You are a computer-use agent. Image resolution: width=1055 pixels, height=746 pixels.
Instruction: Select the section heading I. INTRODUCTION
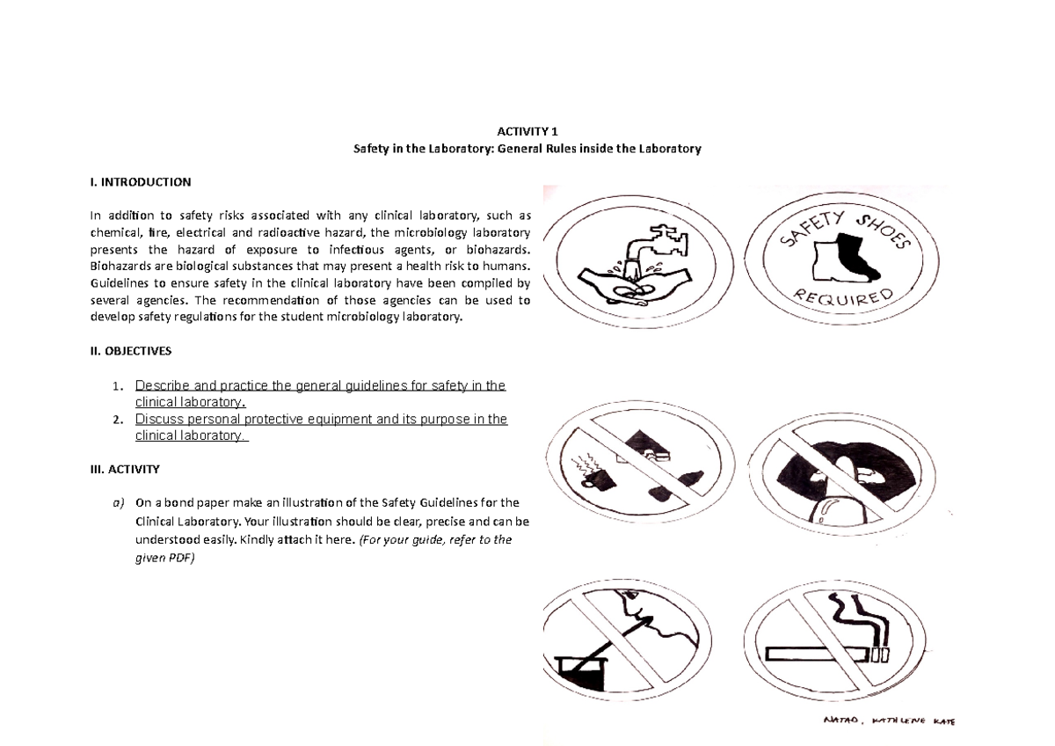coord(140,183)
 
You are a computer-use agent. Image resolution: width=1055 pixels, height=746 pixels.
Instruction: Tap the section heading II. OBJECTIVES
coord(131,350)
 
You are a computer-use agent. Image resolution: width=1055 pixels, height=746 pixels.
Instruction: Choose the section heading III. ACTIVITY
coord(125,470)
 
